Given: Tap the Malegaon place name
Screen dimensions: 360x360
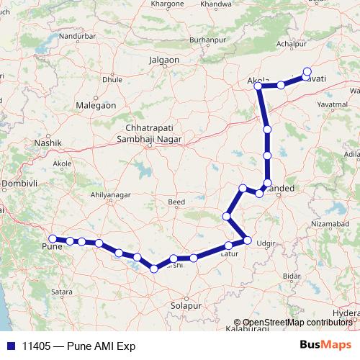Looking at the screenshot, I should tap(96, 105).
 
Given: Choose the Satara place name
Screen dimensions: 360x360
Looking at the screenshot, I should tap(62, 292).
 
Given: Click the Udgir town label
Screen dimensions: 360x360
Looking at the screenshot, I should tap(266, 244).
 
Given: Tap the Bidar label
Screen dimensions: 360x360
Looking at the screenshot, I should tap(292, 276).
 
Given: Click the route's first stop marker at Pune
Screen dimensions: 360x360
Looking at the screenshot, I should tap(52, 238).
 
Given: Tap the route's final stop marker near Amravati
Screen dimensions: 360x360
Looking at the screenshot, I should tap(307, 71).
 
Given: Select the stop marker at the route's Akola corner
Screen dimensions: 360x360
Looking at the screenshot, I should tap(258, 86).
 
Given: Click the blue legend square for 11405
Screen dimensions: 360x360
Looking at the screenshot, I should tap(8, 346).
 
